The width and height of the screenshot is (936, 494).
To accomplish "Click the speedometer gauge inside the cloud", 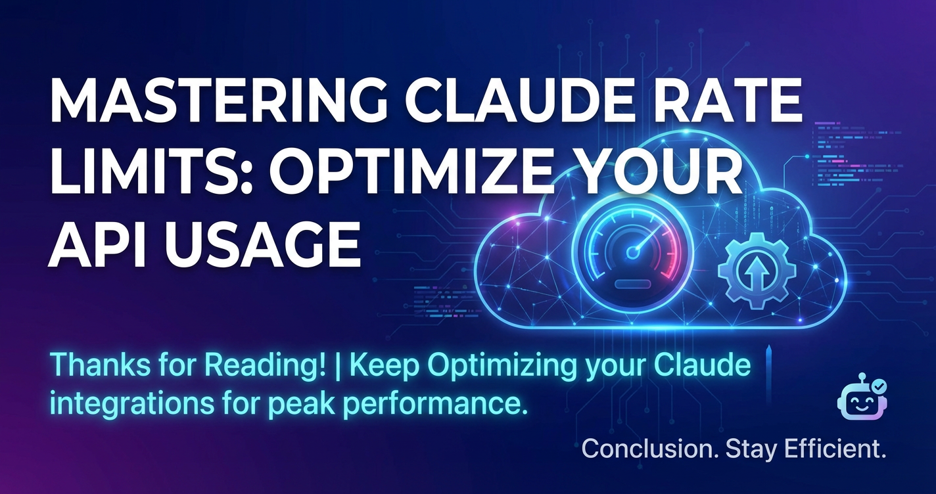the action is (633, 253).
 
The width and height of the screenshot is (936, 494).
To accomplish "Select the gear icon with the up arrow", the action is (757, 271).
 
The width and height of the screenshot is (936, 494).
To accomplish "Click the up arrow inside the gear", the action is (757, 273).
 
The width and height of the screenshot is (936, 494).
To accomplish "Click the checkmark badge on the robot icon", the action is (879, 387).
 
